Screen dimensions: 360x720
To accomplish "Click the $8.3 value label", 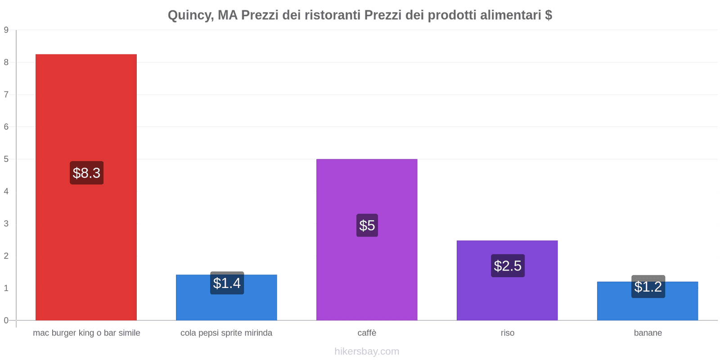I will [86, 173].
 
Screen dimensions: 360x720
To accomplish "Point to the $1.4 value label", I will [227, 283].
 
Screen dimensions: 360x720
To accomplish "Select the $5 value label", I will [367, 225].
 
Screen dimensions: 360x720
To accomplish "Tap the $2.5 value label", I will [508, 265].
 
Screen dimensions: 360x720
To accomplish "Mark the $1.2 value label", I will [648, 287].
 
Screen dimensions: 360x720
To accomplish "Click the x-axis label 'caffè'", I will [367, 333].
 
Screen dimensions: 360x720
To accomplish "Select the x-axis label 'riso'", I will [508, 333].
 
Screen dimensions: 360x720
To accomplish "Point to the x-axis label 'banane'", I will [648, 333].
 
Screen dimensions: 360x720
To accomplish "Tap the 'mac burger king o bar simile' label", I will [86, 333].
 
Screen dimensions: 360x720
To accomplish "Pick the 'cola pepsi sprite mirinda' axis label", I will [226, 333].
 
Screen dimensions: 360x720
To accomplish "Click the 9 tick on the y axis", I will [6, 30].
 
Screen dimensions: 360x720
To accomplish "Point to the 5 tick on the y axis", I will [6, 159].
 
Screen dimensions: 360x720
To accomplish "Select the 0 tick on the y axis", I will [6, 320].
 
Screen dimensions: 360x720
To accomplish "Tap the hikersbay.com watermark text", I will [367, 351].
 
